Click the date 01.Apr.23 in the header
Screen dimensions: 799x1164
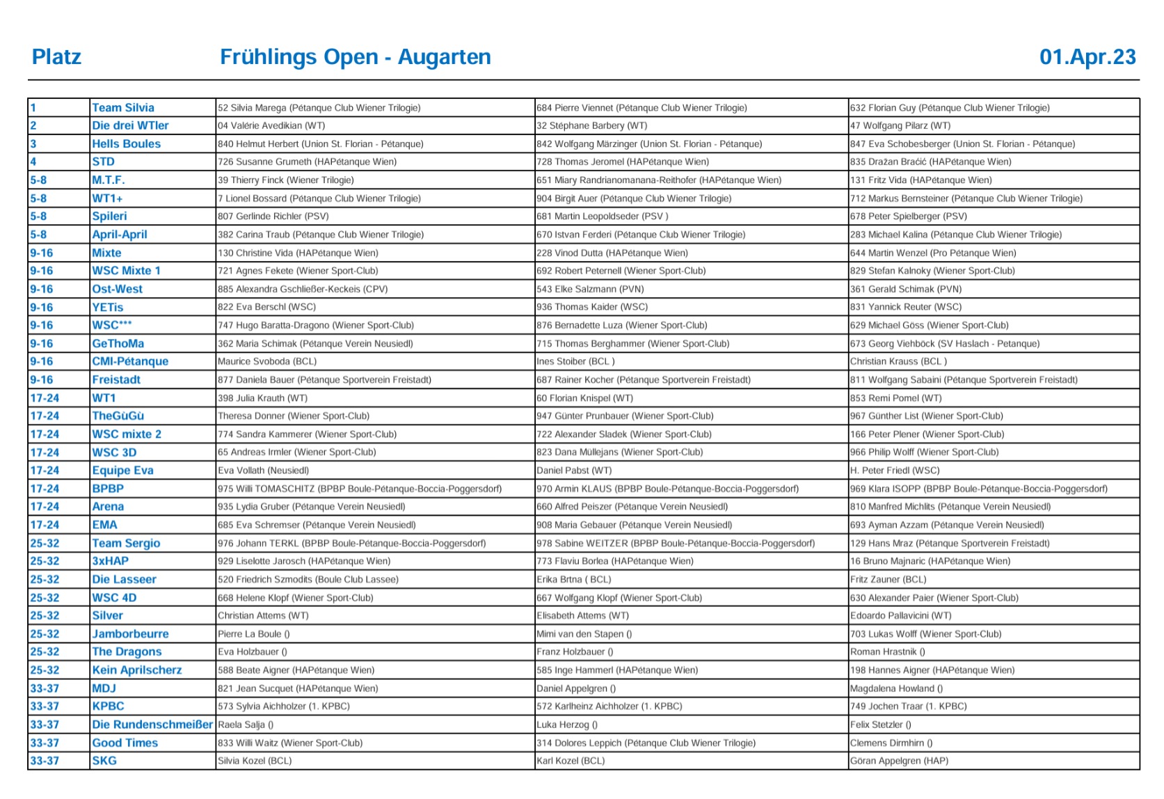click(1087, 57)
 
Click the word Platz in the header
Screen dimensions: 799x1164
click(56, 57)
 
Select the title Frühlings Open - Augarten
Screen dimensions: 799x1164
click(355, 57)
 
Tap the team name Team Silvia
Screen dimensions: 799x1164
click(123, 108)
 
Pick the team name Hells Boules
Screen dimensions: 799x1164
click(126, 144)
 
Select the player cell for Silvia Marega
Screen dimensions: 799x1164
click(319, 108)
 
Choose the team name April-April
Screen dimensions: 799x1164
click(120, 235)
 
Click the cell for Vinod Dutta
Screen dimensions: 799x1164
click(612, 253)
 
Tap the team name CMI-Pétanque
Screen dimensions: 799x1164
click(130, 361)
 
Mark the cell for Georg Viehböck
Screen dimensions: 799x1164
click(944, 343)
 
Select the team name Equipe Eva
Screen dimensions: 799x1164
click(122, 470)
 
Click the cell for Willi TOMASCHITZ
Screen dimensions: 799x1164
click(359, 489)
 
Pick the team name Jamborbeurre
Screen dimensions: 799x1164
click(130, 634)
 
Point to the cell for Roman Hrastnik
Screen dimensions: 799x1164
click(887, 652)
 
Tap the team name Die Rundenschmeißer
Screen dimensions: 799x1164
click(152, 725)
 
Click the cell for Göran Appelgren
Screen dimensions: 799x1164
click(899, 761)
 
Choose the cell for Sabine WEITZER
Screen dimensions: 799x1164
click(675, 543)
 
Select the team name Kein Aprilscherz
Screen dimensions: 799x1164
click(137, 670)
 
